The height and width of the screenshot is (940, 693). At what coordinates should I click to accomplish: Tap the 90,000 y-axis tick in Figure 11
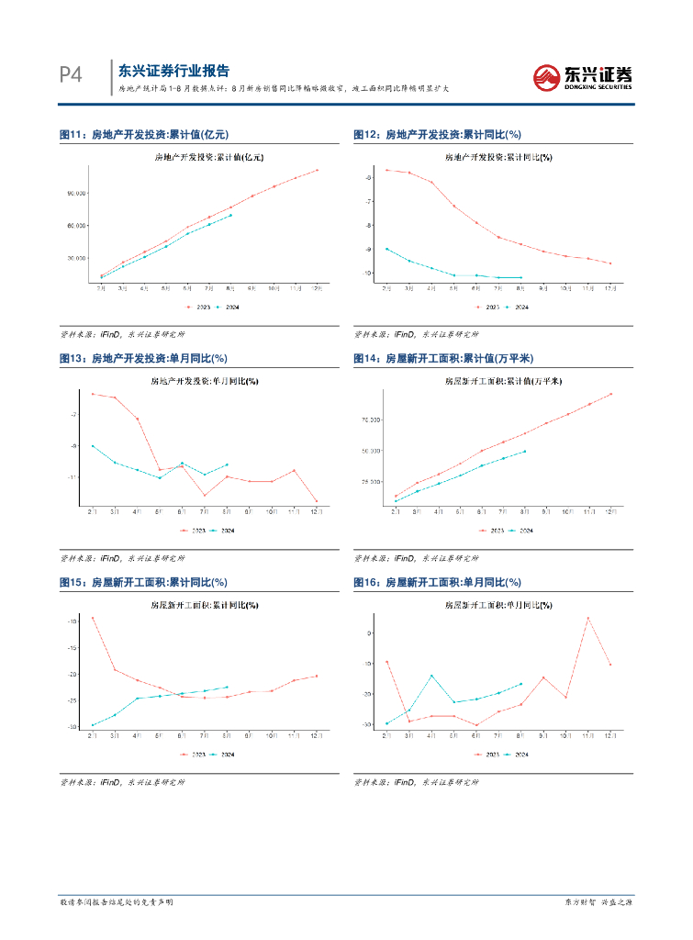point(76,193)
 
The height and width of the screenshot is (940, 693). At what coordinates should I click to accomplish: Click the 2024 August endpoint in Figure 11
point(230,215)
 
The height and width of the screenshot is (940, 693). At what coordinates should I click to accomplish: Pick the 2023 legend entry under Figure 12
point(488,308)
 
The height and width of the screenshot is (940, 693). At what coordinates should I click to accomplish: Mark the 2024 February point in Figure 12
point(386,249)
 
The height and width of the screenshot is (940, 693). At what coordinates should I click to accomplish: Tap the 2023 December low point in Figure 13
point(317,501)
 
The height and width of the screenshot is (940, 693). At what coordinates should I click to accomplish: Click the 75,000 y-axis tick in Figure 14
point(371,420)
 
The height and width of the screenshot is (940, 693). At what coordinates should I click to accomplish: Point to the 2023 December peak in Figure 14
point(610,394)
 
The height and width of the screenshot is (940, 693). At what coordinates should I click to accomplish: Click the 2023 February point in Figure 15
point(93,618)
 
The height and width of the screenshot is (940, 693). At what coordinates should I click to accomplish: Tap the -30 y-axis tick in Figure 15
point(72,727)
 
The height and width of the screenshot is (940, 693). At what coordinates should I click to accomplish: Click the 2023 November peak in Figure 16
point(587,618)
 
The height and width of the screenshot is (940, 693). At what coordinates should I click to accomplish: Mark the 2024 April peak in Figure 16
point(431,676)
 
